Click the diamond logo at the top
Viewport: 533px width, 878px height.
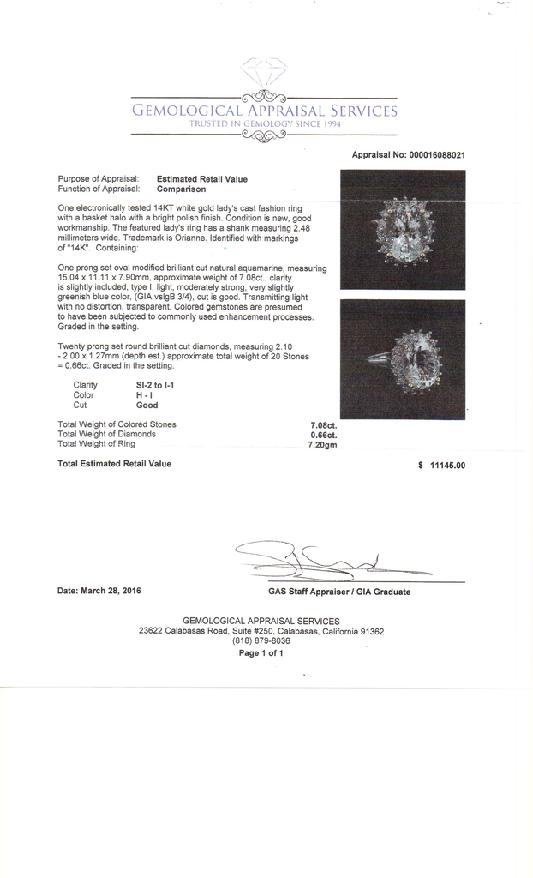pos(265,73)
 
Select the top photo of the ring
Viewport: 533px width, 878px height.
pos(403,229)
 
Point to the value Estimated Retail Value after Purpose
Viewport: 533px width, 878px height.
pos(202,179)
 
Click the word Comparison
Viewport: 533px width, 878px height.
pos(181,189)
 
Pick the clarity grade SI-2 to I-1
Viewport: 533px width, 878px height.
pos(155,386)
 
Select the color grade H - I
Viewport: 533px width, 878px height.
pos(145,395)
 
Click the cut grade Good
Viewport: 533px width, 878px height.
pos(147,406)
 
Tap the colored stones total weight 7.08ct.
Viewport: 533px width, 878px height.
pos(323,424)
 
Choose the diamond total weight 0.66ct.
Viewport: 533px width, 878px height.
pos(323,435)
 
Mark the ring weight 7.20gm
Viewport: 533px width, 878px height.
pos(322,444)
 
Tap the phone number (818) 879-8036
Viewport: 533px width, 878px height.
pos(261,640)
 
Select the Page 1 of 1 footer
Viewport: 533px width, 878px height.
pos(261,652)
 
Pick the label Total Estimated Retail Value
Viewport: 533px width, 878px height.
pos(114,464)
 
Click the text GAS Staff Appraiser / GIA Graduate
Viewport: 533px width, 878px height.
pos(338,592)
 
